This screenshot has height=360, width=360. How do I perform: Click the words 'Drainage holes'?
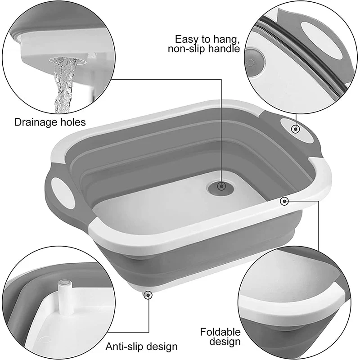tap(49, 122)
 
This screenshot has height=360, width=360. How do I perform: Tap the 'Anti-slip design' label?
tap(142, 346)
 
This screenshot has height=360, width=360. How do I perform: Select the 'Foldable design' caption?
tap(220, 337)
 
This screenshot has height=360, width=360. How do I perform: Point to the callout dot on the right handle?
tap(296, 129)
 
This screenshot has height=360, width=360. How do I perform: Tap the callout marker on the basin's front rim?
tap(284, 201)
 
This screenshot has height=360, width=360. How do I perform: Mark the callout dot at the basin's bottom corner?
tap(148, 295)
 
